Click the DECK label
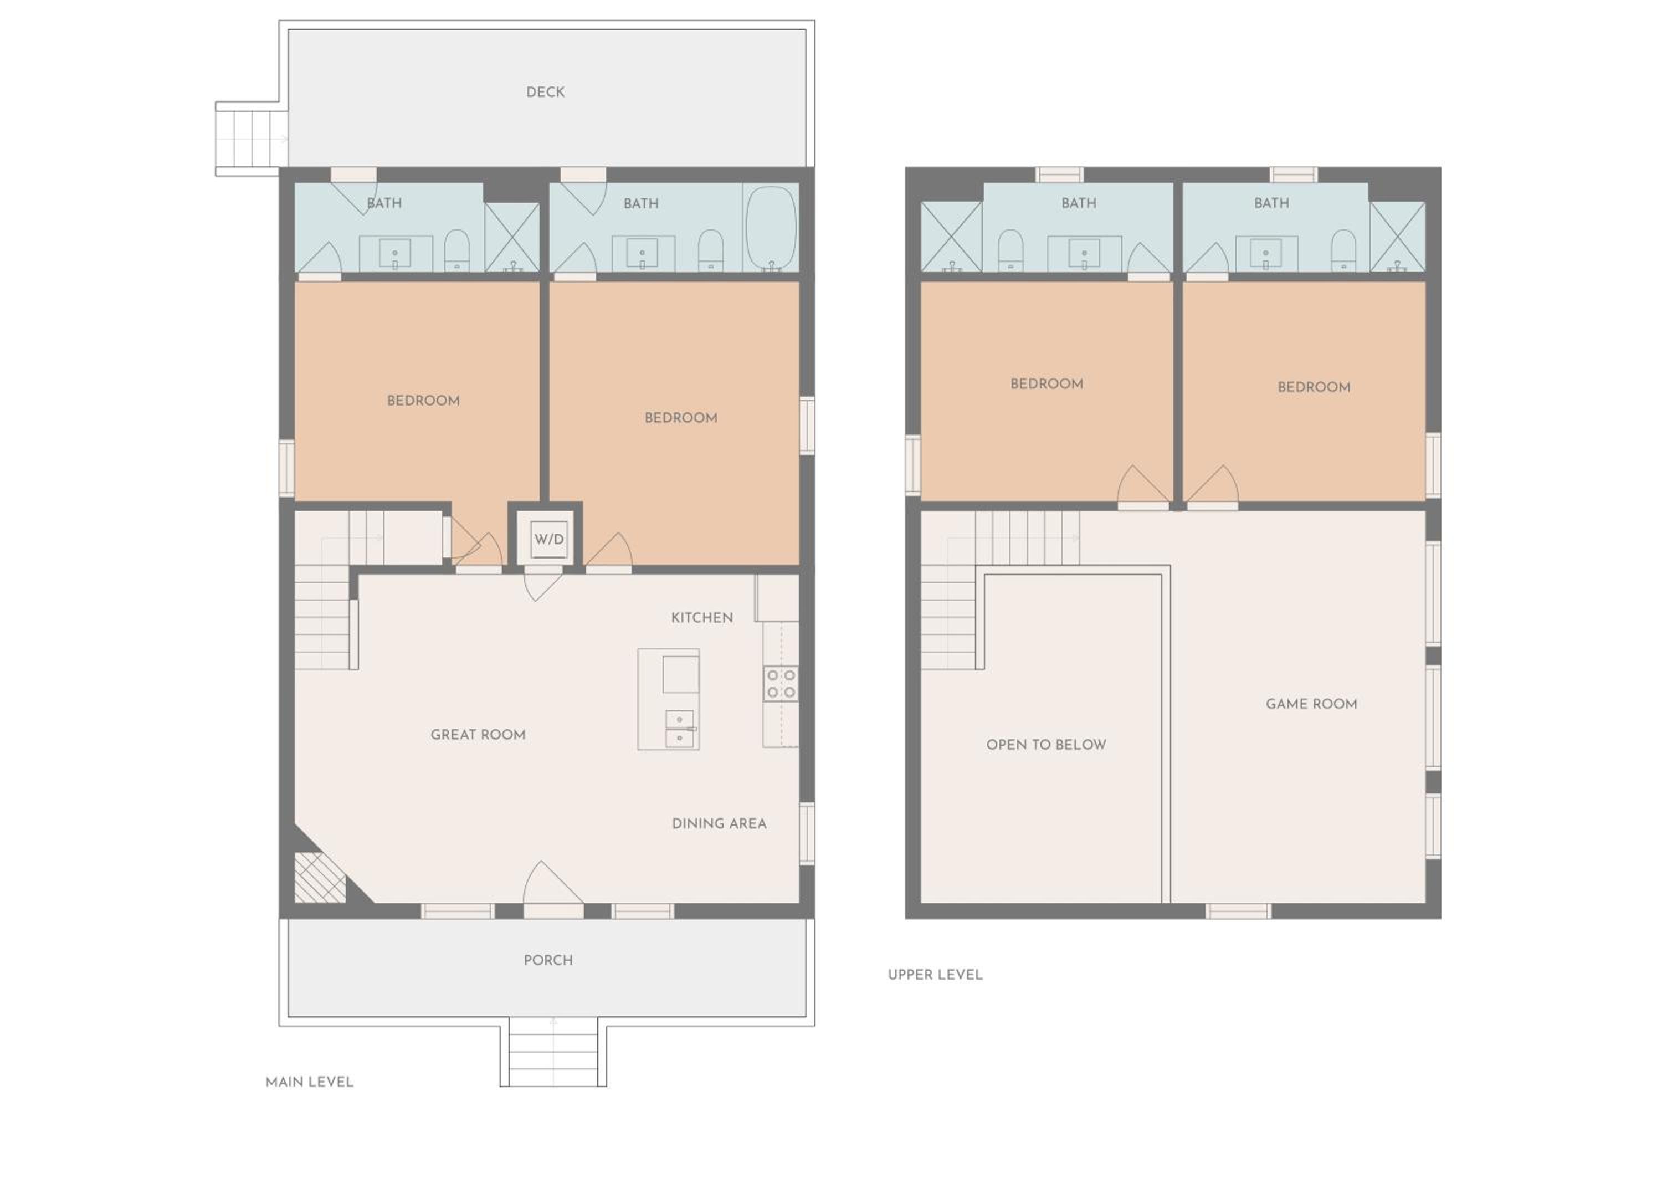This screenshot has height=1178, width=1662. click(545, 92)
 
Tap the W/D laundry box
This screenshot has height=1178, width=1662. click(548, 539)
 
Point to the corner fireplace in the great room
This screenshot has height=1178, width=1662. click(320, 878)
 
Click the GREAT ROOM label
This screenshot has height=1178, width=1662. click(478, 735)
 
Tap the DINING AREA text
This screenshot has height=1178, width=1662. click(719, 823)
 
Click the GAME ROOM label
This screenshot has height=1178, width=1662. click(1311, 704)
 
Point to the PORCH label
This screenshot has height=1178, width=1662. click(548, 960)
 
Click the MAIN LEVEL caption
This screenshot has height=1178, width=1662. click(310, 1082)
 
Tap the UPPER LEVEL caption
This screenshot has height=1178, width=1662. click(935, 974)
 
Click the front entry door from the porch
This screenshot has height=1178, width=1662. click(553, 889)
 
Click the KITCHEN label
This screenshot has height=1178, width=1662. click(702, 617)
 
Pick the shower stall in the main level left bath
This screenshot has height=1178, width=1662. click(512, 237)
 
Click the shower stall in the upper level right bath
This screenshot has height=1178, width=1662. click(1397, 237)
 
